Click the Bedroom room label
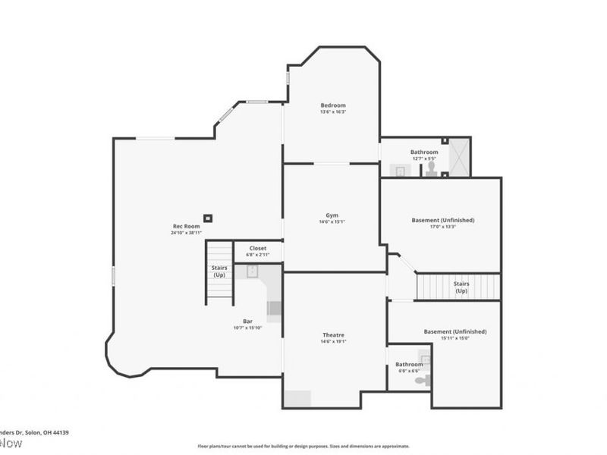click(x=332, y=105)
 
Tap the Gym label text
click(x=332, y=215)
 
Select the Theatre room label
click(x=333, y=334)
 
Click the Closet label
click(x=257, y=248)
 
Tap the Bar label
click(x=247, y=321)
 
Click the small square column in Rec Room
click(x=209, y=218)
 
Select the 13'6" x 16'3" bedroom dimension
click(x=332, y=112)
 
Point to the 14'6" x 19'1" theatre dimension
click(x=333, y=342)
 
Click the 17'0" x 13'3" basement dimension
click(x=442, y=227)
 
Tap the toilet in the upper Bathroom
click(x=430, y=167)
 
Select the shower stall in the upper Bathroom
click(x=458, y=157)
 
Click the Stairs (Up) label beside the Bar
click(x=219, y=271)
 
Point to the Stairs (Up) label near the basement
click(x=461, y=287)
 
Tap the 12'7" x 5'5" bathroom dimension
click(x=424, y=159)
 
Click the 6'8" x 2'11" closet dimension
click(x=257, y=255)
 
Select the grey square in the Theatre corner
click(x=298, y=399)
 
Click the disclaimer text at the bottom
click(x=303, y=446)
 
